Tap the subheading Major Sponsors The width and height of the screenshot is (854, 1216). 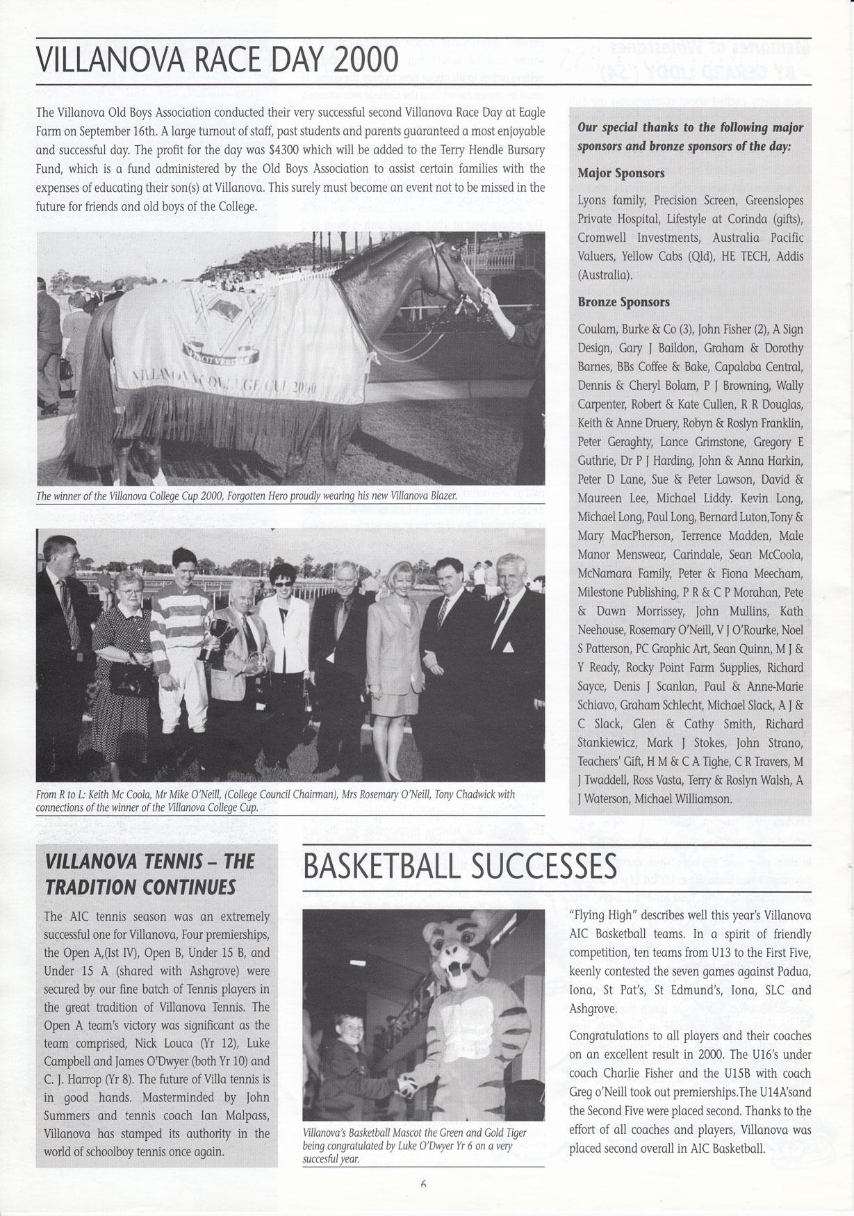[621, 173]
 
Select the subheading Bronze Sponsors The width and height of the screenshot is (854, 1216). [623, 302]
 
